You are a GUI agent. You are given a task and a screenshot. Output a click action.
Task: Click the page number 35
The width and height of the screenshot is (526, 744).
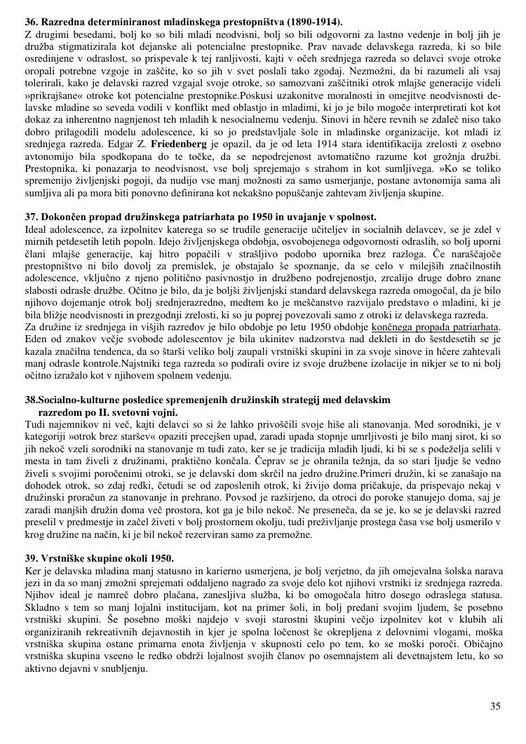(x=495, y=706)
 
